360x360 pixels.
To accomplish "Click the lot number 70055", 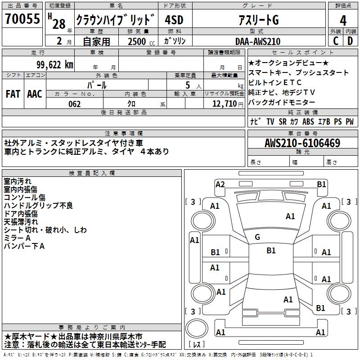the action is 22,19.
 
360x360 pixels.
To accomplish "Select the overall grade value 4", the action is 343,20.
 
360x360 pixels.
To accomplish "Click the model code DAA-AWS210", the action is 257,41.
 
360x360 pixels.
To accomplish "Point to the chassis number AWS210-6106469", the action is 302,143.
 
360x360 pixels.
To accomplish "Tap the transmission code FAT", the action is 13,94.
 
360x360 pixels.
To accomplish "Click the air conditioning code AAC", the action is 35,94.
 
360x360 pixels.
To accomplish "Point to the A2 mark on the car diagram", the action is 220,184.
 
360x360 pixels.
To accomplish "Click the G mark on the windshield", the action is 257,237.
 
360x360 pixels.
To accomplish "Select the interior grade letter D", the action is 350,41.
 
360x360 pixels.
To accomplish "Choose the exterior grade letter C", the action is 335,41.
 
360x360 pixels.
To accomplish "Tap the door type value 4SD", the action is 175,20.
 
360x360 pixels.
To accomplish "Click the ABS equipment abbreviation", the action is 308,121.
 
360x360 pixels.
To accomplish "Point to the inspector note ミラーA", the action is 17,238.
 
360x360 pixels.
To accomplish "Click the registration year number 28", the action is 59,23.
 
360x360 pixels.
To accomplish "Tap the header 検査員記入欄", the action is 92,173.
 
